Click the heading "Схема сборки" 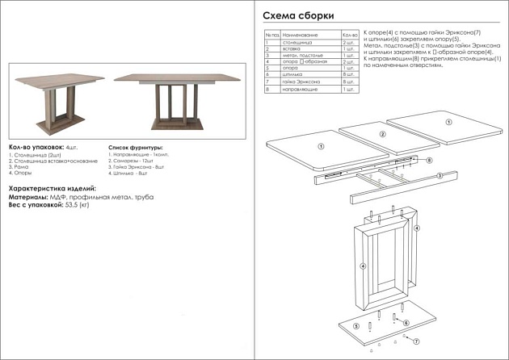coord(298,16)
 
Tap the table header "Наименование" coord(300,36)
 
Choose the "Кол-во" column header coord(349,36)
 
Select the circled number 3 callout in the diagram coord(439,175)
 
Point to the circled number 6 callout coord(406,323)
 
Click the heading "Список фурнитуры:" coord(135,148)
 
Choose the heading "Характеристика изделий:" coord(52,188)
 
